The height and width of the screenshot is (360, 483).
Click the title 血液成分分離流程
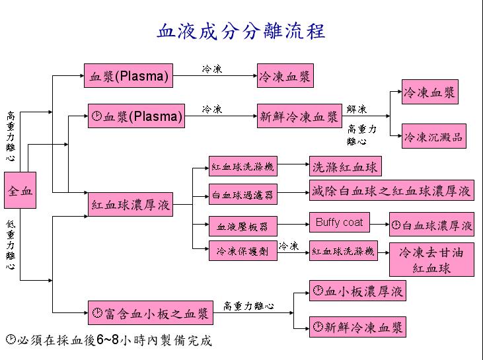241,32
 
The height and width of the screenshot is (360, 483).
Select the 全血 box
20,191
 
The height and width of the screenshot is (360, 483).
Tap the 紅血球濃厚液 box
131,205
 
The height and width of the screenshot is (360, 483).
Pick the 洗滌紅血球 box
345,166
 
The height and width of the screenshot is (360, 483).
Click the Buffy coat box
339,223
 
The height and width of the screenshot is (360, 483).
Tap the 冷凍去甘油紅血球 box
431,260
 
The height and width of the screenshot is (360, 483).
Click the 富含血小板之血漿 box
151,313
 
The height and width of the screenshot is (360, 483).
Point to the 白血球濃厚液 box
431,225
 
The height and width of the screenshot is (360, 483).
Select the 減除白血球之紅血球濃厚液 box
392,192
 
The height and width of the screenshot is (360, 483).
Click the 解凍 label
357,109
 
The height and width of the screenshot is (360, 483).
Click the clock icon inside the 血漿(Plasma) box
96,118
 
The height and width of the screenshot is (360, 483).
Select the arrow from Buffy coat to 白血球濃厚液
379,225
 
